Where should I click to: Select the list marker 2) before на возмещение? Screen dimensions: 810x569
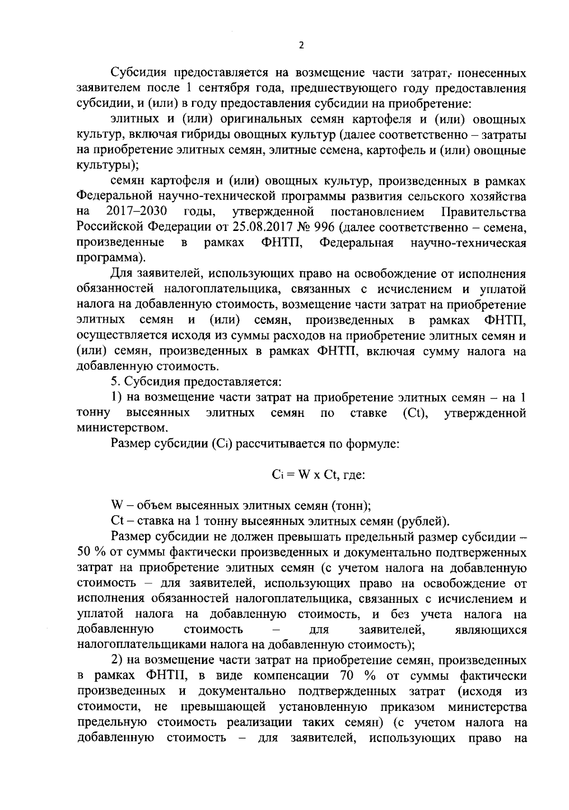point(116,660)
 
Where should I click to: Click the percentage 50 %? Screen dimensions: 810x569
point(90,552)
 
